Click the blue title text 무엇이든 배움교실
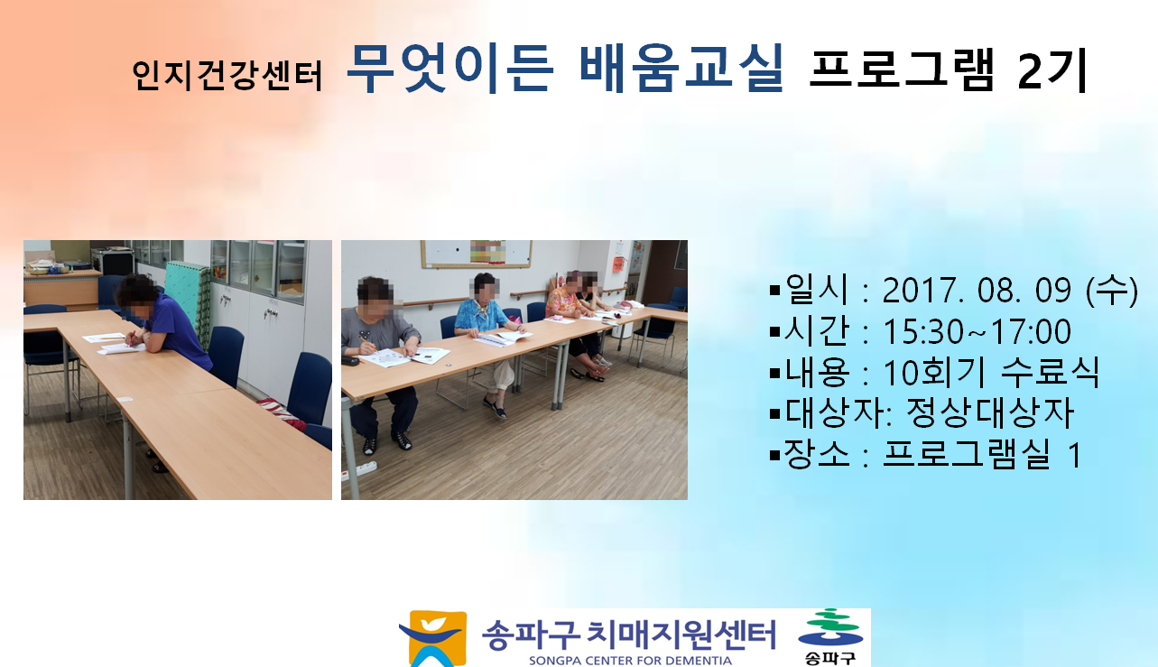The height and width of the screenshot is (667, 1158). point(565,69)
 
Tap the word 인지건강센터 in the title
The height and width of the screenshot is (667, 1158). point(227,76)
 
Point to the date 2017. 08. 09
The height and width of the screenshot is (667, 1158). point(977,290)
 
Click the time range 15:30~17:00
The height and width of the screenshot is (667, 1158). point(977,331)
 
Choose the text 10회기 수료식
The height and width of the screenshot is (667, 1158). point(990,372)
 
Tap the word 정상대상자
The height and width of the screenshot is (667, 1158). point(990,412)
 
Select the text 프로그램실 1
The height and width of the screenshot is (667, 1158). point(982,455)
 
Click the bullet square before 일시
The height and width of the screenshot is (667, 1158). point(774,290)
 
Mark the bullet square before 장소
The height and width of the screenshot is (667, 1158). point(774,456)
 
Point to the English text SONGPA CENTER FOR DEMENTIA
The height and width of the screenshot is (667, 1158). point(630,661)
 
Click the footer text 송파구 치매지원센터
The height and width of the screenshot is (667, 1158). point(628,635)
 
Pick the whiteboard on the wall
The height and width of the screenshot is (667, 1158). point(477,254)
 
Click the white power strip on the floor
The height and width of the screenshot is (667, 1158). point(359,469)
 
